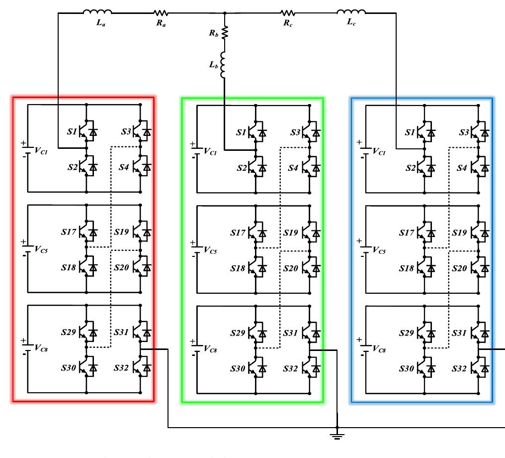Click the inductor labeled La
click(97, 12)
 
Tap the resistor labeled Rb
click(225, 32)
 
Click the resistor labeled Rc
click(288, 13)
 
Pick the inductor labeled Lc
click(351, 12)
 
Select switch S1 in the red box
click(88, 132)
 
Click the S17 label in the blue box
click(407, 232)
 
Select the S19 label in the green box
click(291, 232)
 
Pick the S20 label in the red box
click(122, 268)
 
